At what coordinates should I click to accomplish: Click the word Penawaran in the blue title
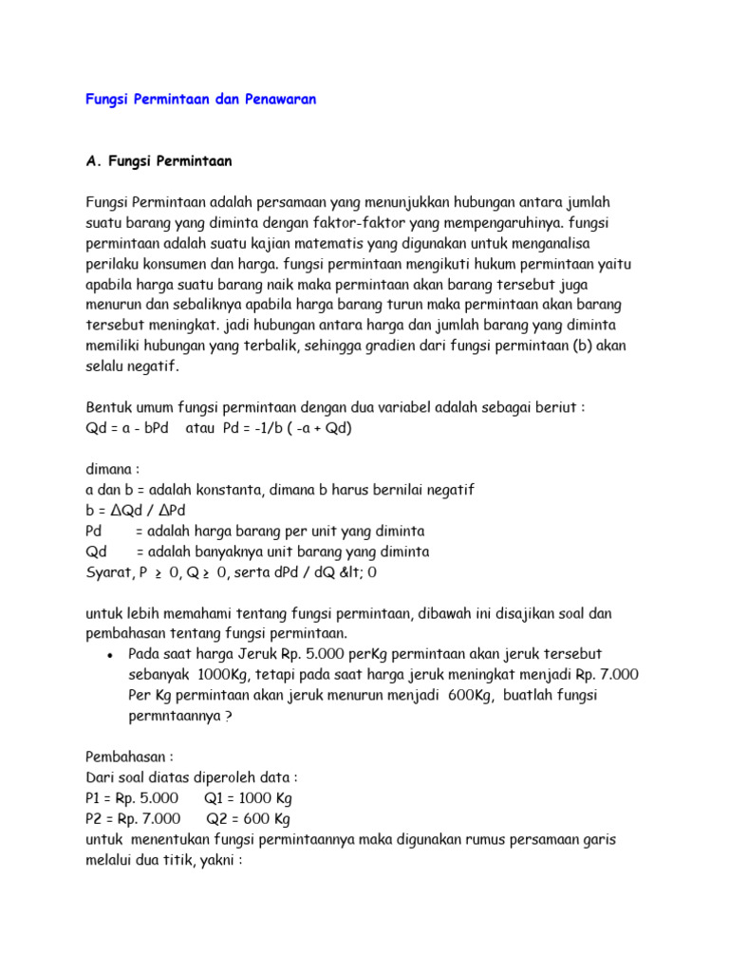276,100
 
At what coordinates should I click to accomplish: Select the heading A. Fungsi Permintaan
159,161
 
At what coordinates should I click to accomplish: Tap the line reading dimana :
113,469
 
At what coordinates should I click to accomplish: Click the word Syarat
106,572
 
